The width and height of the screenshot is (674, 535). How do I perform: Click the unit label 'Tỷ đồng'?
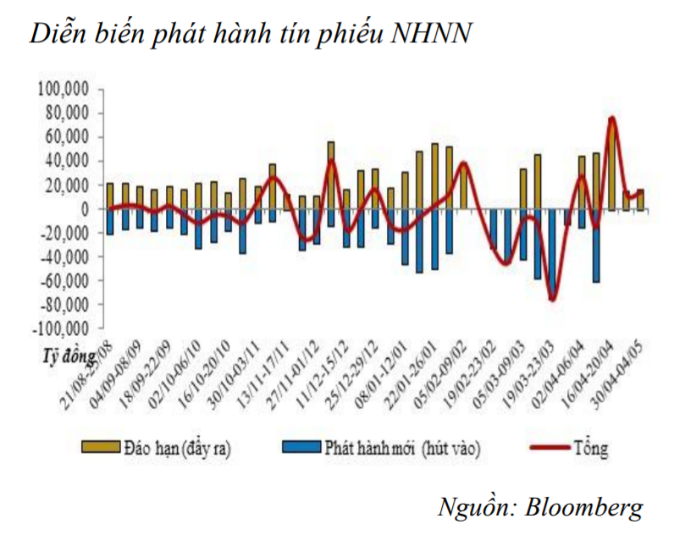click(x=62, y=354)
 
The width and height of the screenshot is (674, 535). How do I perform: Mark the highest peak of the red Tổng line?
click(x=611, y=119)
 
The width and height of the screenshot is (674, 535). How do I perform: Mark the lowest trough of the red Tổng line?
click(x=552, y=299)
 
